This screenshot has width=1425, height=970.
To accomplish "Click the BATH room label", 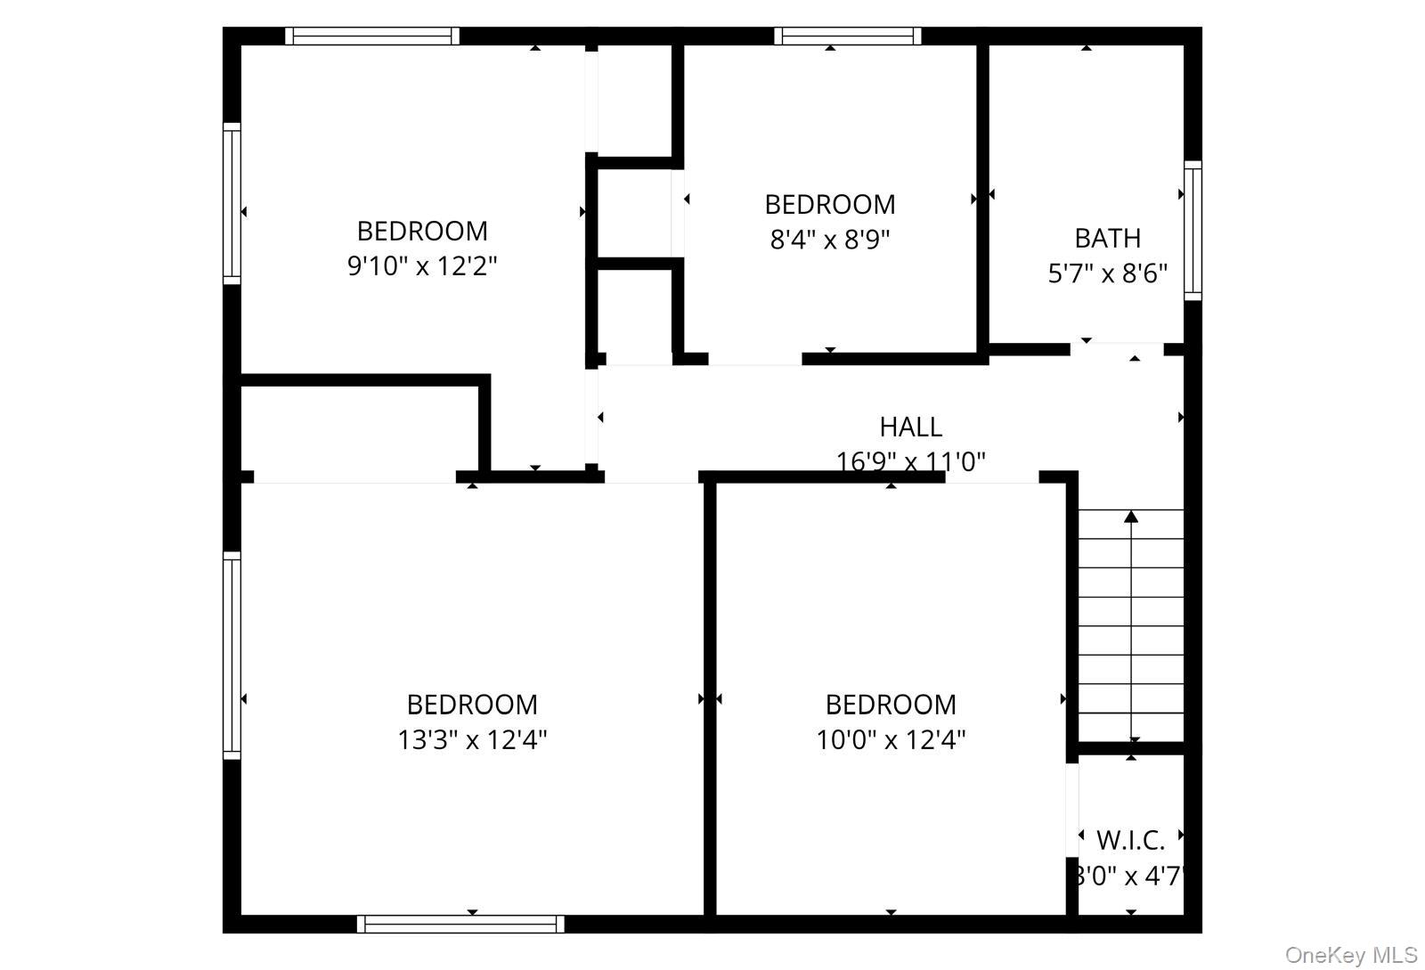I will (1107, 238).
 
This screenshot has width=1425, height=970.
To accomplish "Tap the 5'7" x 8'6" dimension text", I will (1107, 273).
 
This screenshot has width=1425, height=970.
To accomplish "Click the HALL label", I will (910, 427).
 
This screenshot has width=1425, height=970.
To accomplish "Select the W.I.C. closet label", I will (1130, 840).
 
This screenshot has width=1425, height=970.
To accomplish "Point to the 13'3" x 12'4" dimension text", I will (472, 740).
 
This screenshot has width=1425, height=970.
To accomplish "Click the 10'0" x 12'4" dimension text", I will (891, 740).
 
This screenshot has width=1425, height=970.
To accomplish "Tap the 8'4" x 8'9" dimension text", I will (830, 240).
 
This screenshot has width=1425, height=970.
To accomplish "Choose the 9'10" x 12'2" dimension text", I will (422, 266).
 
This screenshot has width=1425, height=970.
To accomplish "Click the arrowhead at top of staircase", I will (1131, 517).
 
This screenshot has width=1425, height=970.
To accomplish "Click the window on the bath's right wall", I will (1192, 231).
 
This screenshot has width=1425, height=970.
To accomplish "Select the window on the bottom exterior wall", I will (460, 925).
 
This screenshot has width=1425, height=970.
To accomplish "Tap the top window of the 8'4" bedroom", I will (847, 36).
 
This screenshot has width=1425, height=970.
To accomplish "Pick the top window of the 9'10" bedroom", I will (372, 36).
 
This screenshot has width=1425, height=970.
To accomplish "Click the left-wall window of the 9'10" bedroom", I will (232, 203).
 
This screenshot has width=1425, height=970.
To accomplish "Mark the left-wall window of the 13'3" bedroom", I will (232, 655).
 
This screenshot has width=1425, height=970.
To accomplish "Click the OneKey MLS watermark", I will (1350, 956).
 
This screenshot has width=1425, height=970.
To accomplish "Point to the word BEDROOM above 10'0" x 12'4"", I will (891, 705).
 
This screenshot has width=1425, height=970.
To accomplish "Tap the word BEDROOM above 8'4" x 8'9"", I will (830, 204).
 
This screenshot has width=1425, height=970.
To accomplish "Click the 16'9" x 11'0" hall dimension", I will (910, 461).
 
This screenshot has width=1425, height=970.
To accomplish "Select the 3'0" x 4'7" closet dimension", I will (1129, 876).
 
